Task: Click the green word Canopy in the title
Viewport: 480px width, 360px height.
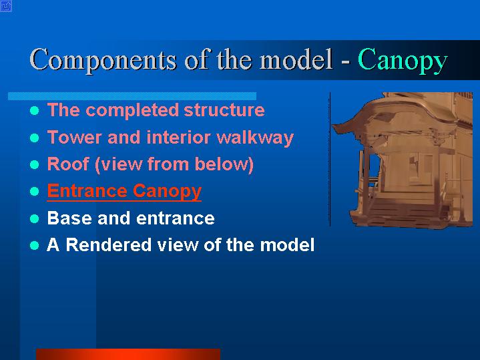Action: click(403, 60)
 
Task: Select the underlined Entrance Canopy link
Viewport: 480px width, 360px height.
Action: click(124, 191)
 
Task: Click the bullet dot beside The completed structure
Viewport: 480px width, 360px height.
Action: click(35, 111)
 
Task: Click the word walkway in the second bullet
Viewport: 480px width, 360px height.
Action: click(255, 138)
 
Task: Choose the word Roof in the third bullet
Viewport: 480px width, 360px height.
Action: click(68, 164)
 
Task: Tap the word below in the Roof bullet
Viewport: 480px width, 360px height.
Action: click(224, 164)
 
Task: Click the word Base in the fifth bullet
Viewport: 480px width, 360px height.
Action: click(69, 218)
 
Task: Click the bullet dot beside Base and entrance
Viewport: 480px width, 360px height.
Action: click(35, 219)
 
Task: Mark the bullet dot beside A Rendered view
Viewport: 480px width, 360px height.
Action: click(35, 246)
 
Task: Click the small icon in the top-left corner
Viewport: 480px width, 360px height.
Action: click(6, 6)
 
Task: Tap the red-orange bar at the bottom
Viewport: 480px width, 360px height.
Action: click(128, 354)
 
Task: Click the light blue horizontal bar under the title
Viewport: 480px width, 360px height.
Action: click(132, 96)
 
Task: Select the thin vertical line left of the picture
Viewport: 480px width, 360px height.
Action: click(330, 160)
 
